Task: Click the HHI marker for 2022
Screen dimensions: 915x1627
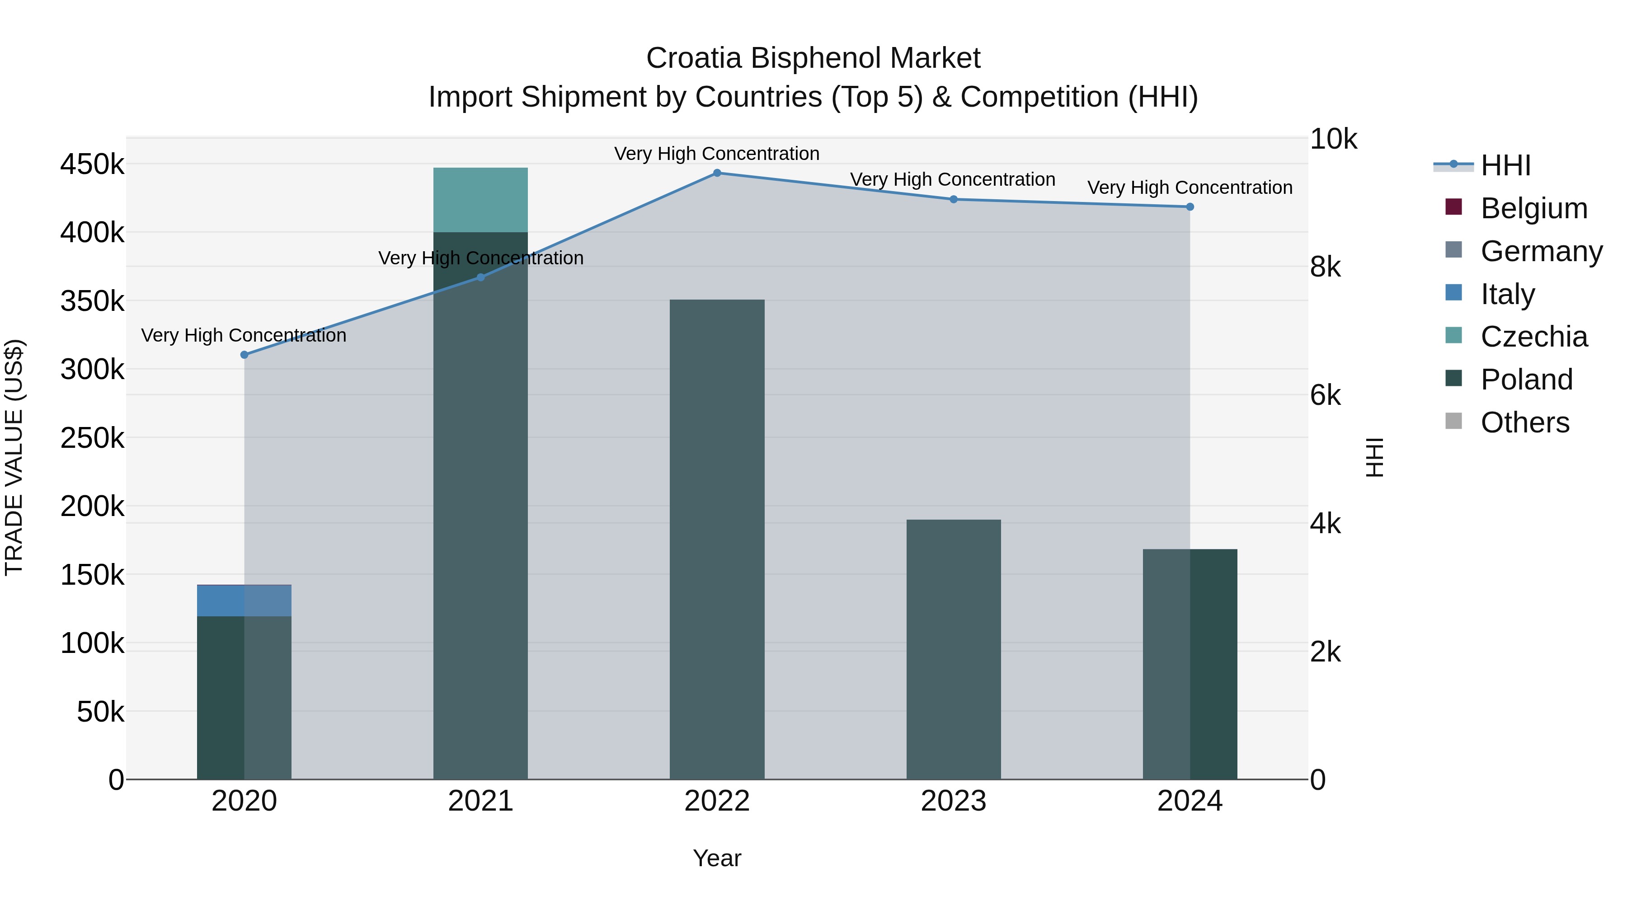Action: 717,173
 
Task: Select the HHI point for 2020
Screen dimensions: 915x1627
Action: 245,355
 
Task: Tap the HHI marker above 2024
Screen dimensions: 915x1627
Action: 1190,207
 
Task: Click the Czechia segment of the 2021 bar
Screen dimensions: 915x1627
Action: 481,200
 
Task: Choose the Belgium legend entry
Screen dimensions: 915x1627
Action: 1533,208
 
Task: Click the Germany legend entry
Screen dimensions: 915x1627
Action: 1541,251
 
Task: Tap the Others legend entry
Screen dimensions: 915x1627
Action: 1525,422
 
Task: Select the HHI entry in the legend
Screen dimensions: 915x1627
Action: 1506,165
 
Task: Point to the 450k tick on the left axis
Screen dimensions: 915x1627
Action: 92,165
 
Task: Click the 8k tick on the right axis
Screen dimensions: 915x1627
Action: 1325,267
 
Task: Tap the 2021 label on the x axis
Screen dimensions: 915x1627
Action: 481,801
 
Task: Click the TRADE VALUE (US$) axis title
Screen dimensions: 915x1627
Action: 14,457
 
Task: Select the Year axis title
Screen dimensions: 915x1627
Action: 717,858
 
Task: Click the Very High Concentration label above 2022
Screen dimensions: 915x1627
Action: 717,154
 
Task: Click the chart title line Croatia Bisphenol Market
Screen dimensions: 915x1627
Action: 813,58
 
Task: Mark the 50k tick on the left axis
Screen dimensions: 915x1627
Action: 100,712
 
